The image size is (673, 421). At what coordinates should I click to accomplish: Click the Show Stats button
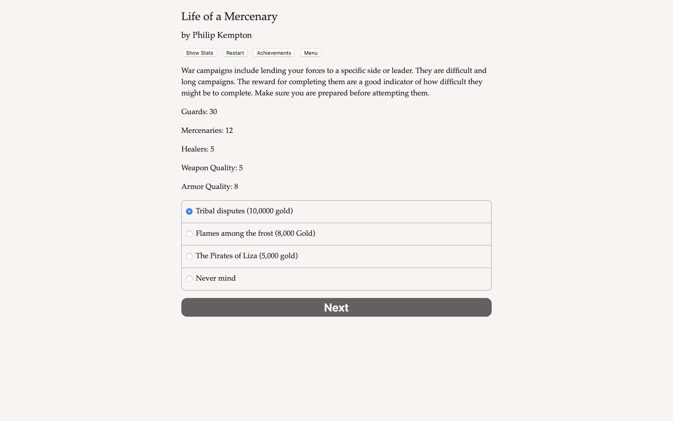point(199,53)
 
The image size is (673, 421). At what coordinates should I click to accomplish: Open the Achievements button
point(274,53)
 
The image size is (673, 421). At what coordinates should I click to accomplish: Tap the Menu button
point(311,53)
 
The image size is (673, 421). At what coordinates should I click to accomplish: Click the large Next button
point(336,308)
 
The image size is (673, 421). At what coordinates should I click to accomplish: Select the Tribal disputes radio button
point(189,211)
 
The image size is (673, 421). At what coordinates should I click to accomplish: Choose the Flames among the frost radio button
point(189,234)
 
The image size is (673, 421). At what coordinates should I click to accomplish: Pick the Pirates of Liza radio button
point(189,256)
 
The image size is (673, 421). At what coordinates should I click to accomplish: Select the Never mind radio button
point(189,279)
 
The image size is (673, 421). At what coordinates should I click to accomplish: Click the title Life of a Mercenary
point(229,16)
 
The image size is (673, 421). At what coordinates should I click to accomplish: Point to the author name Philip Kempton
point(222,35)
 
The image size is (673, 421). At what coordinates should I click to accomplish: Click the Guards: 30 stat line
point(199,112)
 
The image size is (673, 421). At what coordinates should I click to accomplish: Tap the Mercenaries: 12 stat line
point(207,131)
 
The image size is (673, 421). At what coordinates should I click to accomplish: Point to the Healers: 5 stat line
point(197,149)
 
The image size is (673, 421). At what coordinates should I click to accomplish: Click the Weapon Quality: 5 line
point(212,168)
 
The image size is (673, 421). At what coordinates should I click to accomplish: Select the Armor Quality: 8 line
point(210,187)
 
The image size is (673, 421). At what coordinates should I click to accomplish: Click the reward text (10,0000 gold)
point(270,211)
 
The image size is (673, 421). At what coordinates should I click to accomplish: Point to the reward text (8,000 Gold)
point(295,233)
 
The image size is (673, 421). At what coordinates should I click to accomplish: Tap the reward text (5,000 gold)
point(278,256)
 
